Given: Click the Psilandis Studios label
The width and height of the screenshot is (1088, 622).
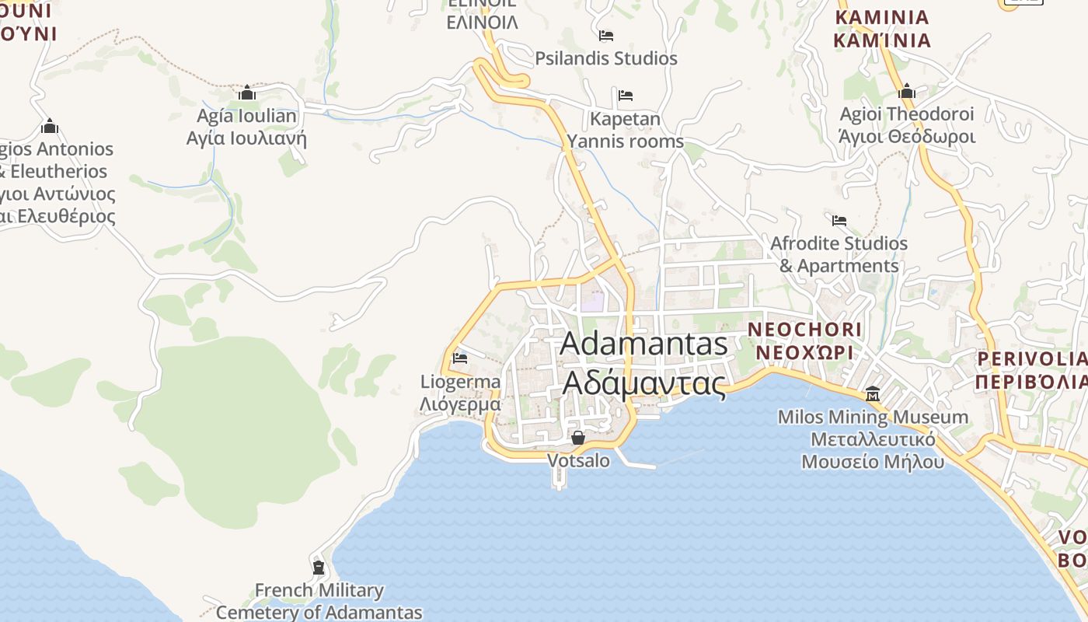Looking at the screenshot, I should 606,58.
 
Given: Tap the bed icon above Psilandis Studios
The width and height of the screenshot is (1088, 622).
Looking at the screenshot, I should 606,36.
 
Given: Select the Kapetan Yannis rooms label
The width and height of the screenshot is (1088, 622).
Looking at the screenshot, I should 625,130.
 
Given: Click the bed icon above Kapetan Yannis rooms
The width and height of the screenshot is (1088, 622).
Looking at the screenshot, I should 626,96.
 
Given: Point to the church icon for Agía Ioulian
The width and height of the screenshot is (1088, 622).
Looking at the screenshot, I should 247,93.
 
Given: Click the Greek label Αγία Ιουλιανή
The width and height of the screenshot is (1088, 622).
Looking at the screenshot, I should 246,139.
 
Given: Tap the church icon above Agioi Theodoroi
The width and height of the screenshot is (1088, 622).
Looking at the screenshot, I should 906,92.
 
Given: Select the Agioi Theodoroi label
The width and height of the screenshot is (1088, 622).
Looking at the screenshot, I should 906,114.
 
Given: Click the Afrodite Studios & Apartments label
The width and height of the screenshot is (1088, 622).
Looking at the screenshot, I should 839,254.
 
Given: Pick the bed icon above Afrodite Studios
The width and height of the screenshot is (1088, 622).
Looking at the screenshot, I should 839,221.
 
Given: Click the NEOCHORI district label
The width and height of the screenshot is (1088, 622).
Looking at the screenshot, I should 804,330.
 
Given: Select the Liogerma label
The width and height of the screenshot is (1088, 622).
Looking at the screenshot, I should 460,382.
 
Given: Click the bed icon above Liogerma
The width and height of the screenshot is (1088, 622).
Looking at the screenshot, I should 460,358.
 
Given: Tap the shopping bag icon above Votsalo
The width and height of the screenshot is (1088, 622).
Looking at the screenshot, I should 578,438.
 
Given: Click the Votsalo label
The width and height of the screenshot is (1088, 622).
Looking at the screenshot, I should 578,460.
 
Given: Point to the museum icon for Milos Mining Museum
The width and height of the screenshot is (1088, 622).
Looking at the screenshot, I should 873,394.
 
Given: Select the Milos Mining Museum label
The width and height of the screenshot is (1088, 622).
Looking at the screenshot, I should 873,418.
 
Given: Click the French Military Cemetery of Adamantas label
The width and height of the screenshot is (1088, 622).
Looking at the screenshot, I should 319,601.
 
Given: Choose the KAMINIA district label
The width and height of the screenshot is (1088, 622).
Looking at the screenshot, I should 882,17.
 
